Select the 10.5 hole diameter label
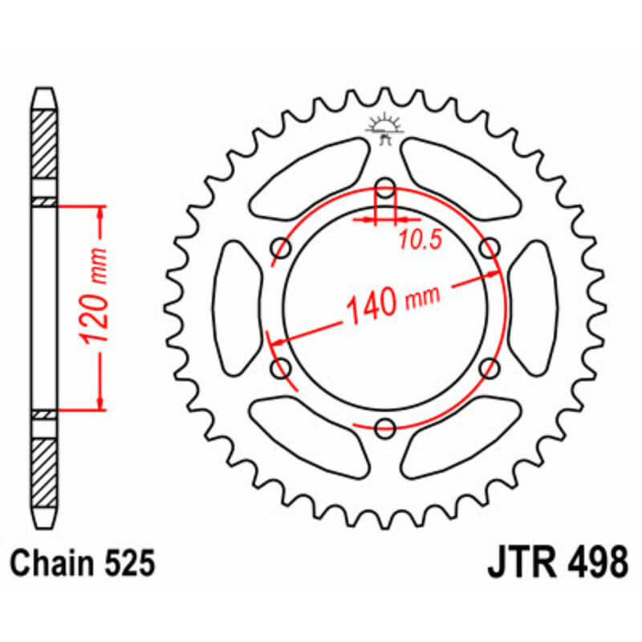(x=421, y=239)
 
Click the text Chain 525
(x=83, y=563)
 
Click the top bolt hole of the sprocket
(x=385, y=189)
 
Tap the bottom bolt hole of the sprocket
(x=385, y=429)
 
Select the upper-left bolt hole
(x=282, y=248)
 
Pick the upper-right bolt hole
(x=490, y=248)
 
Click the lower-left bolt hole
(x=282, y=368)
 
